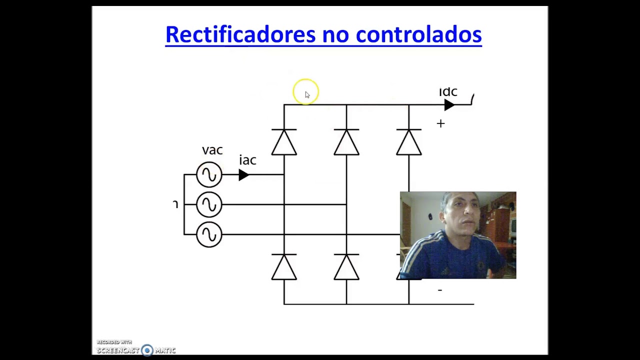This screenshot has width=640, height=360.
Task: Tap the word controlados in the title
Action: [x=418, y=34]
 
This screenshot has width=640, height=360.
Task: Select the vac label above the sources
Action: [x=212, y=150]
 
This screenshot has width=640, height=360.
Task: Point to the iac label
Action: [x=247, y=160]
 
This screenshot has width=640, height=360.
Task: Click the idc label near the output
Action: [x=448, y=92]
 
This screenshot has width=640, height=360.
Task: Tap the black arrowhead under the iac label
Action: [x=243, y=174]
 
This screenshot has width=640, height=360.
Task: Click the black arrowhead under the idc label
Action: [x=449, y=105]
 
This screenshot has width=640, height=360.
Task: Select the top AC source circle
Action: [x=209, y=174]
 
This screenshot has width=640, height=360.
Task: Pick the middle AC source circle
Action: [x=209, y=204]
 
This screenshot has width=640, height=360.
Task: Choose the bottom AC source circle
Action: [x=209, y=234]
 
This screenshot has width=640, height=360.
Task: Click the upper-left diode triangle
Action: [x=284, y=142]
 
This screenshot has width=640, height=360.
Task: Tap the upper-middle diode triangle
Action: [x=346, y=142]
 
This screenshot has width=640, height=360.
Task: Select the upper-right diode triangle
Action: [x=409, y=142]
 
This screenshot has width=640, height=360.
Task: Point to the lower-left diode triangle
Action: [x=284, y=267]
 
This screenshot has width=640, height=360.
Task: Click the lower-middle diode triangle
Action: [x=346, y=267]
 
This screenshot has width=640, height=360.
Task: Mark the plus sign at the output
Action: [x=440, y=123]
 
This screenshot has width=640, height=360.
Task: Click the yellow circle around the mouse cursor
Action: [x=305, y=91]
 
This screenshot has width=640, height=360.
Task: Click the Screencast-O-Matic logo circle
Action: [x=147, y=350]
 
